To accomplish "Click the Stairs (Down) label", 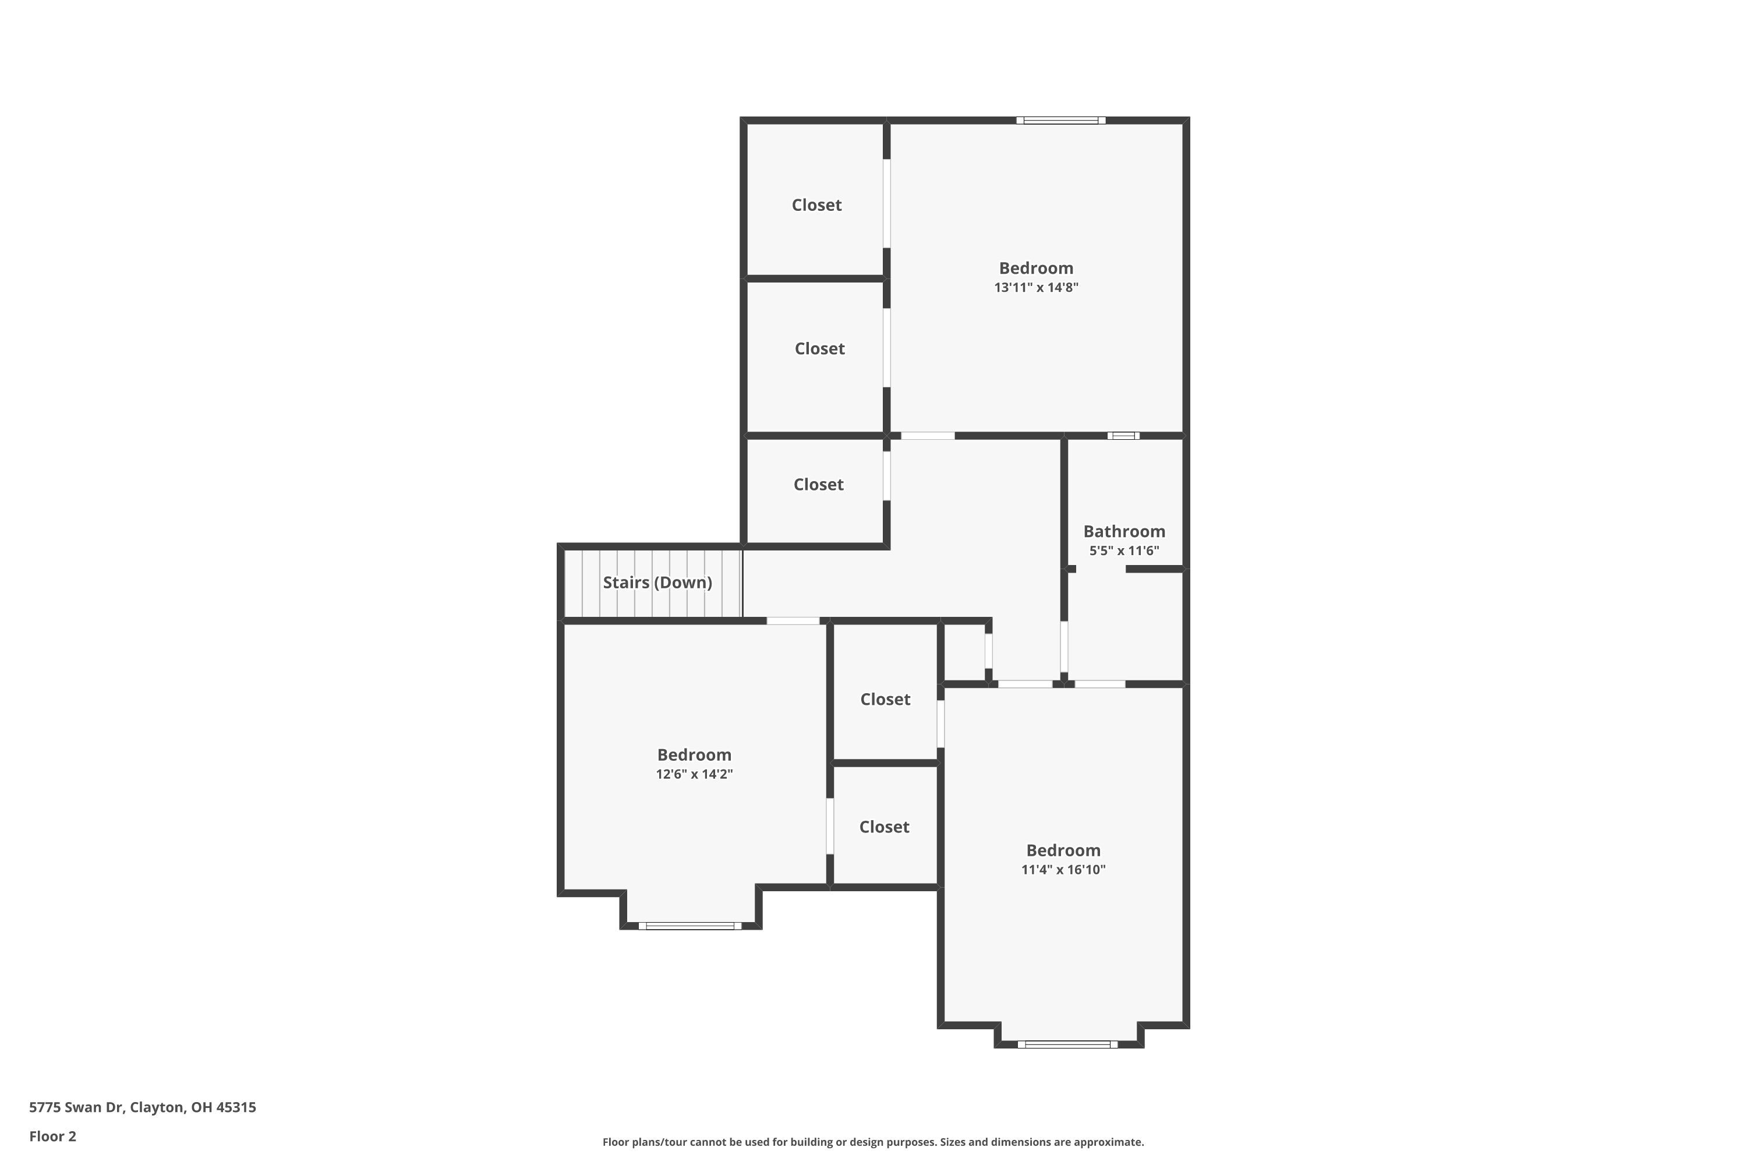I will tap(657, 582).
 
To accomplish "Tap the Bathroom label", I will tap(1124, 531).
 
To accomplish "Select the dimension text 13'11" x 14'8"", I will tap(1035, 288).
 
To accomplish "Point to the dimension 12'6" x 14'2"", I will tap(694, 774).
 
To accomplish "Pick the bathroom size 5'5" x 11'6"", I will tap(1124, 550).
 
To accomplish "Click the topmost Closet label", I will tap(816, 205).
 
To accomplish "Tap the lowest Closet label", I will tap(884, 827).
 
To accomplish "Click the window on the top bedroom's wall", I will tap(1060, 121).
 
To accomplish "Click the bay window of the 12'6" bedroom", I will tap(690, 926).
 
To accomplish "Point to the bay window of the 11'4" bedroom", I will tap(1067, 1044).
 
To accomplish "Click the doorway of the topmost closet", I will tap(886, 203).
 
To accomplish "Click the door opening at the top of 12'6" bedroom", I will tap(793, 620).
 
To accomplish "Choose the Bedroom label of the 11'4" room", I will tap(1063, 850).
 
